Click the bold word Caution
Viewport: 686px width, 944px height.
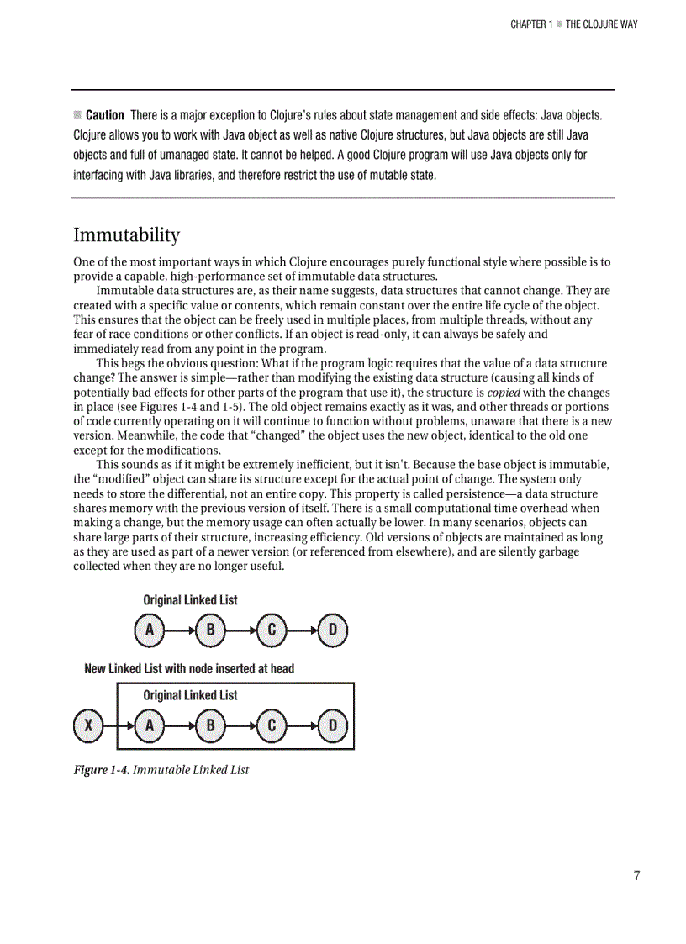(105, 115)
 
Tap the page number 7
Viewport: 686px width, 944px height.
(636, 876)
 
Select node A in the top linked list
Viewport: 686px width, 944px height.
(149, 630)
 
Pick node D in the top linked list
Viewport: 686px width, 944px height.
(333, 630)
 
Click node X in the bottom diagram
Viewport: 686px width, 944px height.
(87, 725)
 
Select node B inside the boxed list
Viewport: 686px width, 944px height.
(210, 725)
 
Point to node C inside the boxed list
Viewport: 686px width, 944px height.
(272, 725)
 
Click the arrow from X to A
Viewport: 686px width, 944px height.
(118, 725)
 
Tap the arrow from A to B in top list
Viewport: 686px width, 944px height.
(179, 630)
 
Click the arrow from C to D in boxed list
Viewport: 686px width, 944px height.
(302, 725)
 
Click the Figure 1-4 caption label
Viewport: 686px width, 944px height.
(101, 769)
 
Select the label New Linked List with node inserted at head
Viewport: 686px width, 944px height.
(189, 669)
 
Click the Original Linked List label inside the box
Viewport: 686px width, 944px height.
(190, 695)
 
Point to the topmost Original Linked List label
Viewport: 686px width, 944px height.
(190, 600)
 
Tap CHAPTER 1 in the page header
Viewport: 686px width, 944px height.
(531, 24)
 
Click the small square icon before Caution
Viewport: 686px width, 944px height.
(77, 114)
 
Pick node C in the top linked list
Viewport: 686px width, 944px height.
(272, 630)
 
